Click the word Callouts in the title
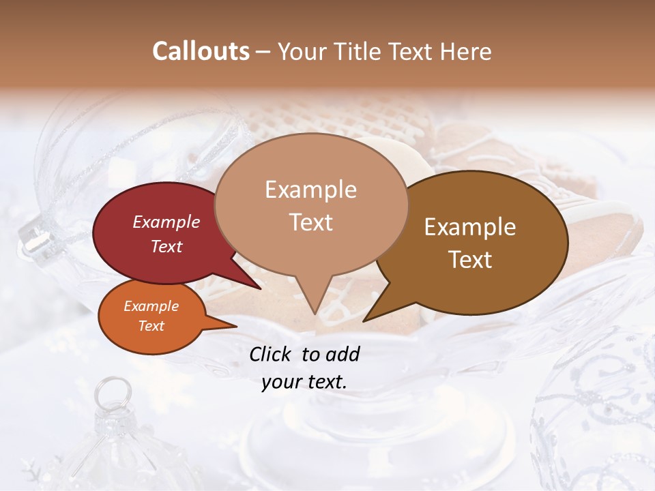(201, 51)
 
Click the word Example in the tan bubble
(310, 190)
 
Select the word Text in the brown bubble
(470, 260)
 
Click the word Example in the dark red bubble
(166, 222)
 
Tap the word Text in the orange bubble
(151, 326)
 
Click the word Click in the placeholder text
(272, 353)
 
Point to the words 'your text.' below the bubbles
(304, 382)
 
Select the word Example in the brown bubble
(470, 227)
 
